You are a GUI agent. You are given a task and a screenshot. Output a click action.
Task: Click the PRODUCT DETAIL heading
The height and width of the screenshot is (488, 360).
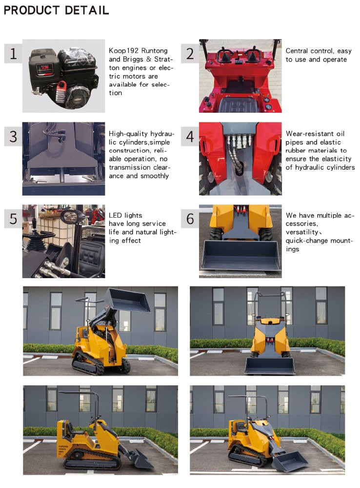point(56,10)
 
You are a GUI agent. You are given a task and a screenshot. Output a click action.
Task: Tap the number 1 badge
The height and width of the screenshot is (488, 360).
point(13,54)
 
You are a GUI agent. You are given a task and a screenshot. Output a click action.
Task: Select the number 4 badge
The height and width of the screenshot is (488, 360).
point(190,136)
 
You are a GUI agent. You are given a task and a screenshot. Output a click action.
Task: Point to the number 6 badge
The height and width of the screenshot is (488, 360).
point(190,219)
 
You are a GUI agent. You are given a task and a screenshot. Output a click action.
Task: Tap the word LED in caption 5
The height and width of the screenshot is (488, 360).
point(115,215)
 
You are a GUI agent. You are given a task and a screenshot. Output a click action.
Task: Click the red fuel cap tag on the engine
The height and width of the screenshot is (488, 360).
point(62,86)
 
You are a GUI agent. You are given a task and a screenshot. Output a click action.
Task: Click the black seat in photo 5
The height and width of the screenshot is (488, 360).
point(92,255)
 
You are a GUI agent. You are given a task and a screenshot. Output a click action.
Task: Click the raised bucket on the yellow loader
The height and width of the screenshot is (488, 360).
point(127,300)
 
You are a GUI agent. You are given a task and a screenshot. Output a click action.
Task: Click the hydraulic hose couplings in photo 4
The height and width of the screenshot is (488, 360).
point(240,141)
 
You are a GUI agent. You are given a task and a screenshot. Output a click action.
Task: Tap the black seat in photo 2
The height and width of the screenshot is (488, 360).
point(238,105)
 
